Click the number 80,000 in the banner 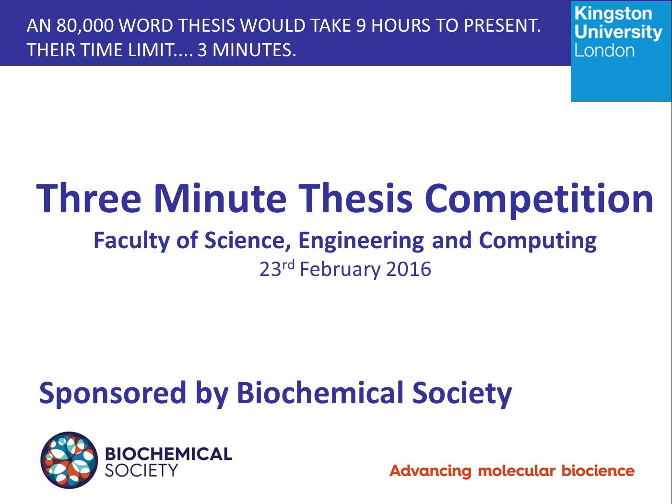click(x=85, y=25)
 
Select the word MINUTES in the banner click(x=254, y=50)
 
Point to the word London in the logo click(x=604, y=50)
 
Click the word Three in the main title click(x=89, y=198)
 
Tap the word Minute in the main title click(x=220, y=198)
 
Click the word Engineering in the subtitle click(x=361, y=241)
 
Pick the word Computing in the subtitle click(x=538, y=241)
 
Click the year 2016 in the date click(x=408, y=269)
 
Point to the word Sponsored click(x=113, y=394)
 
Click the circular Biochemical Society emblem click(x=69, y=460)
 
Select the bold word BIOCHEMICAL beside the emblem click(x=168, y=454)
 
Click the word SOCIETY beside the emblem click(x=141, y=470)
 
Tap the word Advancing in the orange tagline click(x=430, y=471)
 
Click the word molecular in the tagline click(x=517, y=470)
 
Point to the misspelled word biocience click(x=598, y=470)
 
